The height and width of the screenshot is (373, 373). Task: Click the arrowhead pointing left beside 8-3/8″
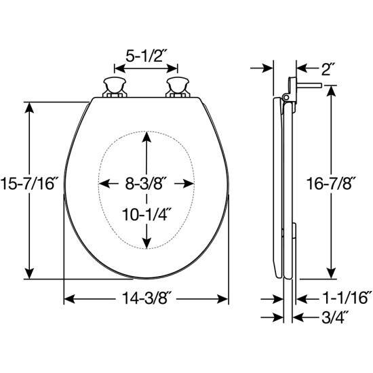click(104, 184)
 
